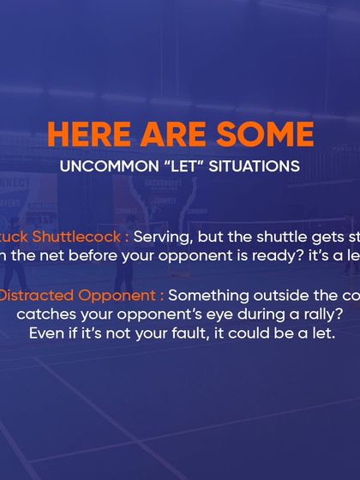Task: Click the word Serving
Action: [x=162, y=236]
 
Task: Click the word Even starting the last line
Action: [x=45, y=333]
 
